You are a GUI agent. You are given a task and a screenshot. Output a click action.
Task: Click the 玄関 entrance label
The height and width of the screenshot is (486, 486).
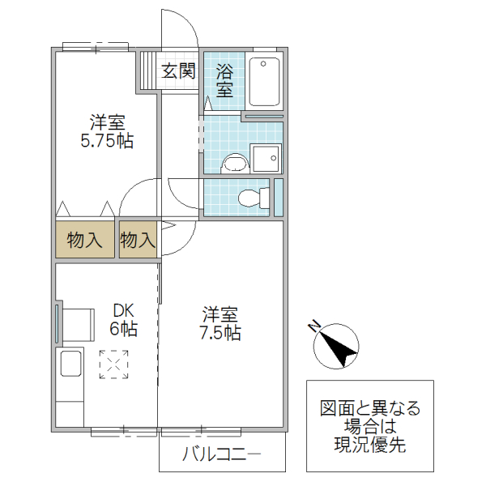(x=179, y=70)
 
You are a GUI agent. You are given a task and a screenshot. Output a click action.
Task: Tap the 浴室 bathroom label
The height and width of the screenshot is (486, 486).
(x=225, y=79)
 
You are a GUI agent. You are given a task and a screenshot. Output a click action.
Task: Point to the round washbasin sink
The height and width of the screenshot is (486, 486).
(x=234, y=163)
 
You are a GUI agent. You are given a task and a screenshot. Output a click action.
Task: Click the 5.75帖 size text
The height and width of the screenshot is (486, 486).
(x=107, y=141)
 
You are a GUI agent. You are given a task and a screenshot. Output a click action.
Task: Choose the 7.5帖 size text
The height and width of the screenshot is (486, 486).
(x=221, y=332)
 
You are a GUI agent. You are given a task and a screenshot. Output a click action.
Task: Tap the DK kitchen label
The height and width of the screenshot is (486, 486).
(x=123, y=310)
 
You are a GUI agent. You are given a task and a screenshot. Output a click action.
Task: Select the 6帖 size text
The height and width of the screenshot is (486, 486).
(x=123, y=330)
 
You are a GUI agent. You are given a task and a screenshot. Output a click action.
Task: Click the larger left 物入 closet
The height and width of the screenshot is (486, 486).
(x=85, y=240)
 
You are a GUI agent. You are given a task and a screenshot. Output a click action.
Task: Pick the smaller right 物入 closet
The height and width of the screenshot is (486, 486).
(x=137, y=240)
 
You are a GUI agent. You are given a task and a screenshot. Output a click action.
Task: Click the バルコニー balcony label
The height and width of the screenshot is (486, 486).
(x=221, y=454)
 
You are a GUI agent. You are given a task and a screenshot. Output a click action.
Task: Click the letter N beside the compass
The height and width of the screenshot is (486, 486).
(x=314, y=326)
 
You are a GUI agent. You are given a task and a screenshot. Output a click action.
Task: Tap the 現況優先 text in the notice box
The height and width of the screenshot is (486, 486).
(x=369, y=445)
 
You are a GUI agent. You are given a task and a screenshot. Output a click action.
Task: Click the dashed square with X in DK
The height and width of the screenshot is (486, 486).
(x=114, y=364)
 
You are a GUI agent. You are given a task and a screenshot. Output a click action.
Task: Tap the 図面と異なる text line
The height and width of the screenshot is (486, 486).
(x=369, y=407)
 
